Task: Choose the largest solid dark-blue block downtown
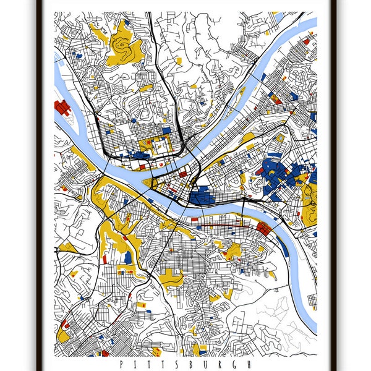[202, 197]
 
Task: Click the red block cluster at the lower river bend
[263, 229]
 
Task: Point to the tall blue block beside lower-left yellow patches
[128, 257]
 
